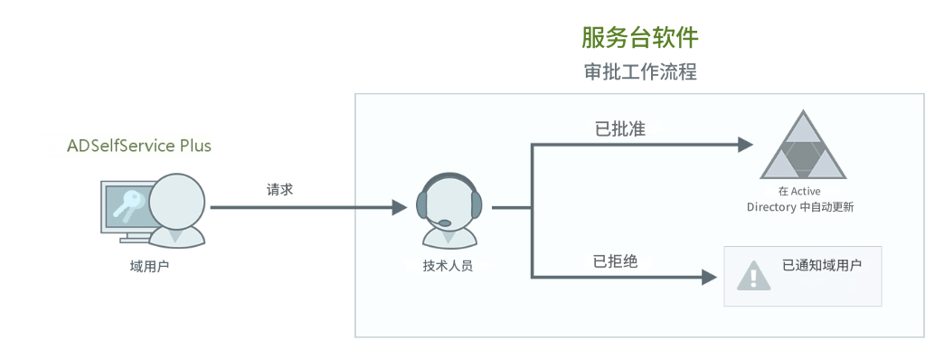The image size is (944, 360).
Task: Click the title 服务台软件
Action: pyautogui.click(x=639, y=37)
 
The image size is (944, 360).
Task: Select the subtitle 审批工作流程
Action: pyautogui.click(x=639, y=71)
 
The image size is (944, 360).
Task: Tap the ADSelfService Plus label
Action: pyautogui.click(x=139, y=146)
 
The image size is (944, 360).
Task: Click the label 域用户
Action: pyautogui.click(x=149, y=265)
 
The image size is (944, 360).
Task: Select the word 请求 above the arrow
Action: pyautogui.click(x=279, y=190)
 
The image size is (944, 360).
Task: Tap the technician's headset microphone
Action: pyautogui.click(x=445, y=222)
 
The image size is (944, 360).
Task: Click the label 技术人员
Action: pyautogui.click(x=448, y=266)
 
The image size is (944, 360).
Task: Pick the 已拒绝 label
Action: pyautogui.click(x=615, y=262)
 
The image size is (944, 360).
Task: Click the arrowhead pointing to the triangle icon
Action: pyautogui.click(x=744, y=144)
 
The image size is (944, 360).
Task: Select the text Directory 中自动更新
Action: pyautogui.click(x=800, y=207)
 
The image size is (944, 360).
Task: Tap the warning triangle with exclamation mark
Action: pyautogui.click(x=752, y=275)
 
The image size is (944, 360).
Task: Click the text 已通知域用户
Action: pyautogui.click(x=821, y=266)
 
